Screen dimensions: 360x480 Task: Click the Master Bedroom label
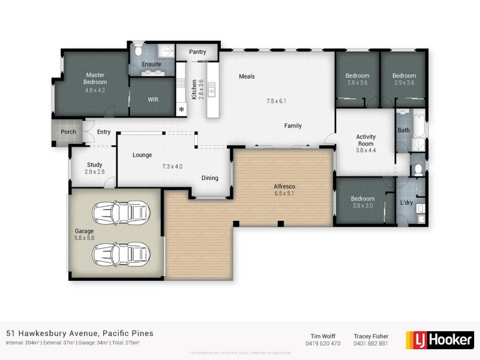[x=95, y=78]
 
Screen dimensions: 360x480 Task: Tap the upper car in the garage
[x=120, y=211]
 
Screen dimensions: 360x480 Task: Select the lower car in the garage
[x=120, y=253]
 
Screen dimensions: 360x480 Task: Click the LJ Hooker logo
[x=439, y=339]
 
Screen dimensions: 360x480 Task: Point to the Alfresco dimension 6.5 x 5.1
[x=284, y=194]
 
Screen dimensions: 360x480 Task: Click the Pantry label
[x=197, y=52]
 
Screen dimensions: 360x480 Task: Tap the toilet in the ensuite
[x=137, y=47]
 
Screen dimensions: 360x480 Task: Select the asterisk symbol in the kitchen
[x=181, y=109]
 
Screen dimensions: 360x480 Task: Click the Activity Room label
[x=365, y=140]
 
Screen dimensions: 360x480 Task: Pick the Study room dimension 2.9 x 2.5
[x=94, y=172]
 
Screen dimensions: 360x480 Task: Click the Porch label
[x=68, y=132]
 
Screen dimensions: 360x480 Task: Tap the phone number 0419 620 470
[x=323, y=344]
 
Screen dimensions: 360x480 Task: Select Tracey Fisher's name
[x=371, y=336]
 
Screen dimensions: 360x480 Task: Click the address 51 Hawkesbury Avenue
[x=80, y=333]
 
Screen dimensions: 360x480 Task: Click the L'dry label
[x=407, y=203]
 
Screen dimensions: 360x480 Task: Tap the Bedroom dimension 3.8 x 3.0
[x=362, y=206]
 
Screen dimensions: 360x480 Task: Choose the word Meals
[x=247, y=76]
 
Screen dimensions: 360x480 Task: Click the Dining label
[x=209, y=178]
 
